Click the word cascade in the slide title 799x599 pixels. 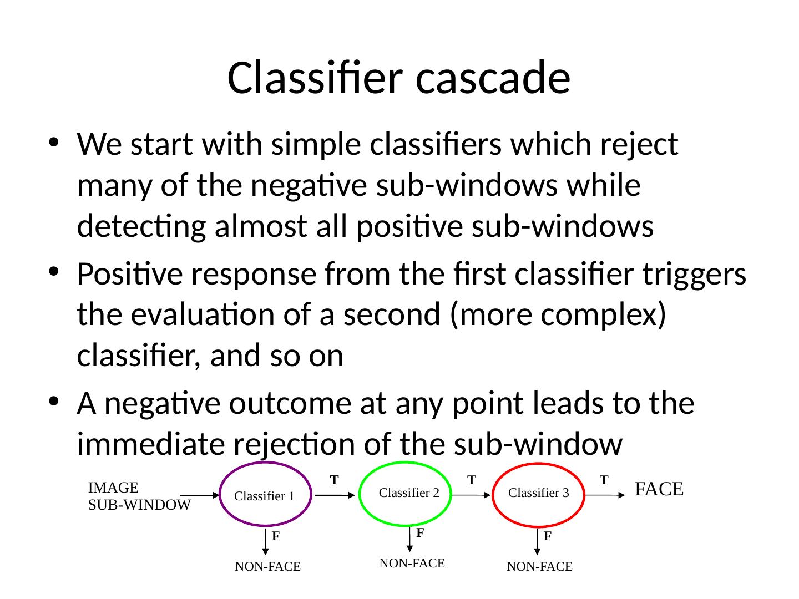[x=493, y=78]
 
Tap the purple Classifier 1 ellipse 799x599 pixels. [x=265, y=495]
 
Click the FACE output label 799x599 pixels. [x=658, y=489]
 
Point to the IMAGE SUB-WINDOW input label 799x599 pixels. [x=139, y=496]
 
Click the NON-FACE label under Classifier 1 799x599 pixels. [x=267, y=567]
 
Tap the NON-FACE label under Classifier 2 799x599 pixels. [x=412, y=564]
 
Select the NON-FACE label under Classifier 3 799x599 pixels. [x=539, y=567]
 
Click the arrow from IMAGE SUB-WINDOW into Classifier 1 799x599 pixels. [x=200, y=495]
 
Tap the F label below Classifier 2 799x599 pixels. [x=420, y=533]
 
